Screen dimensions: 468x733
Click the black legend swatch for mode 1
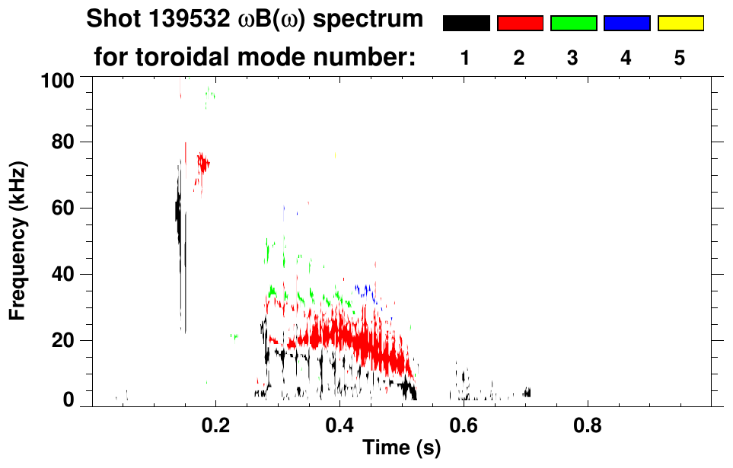466,24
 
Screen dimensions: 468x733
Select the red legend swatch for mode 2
520,24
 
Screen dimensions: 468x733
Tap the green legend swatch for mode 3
573,24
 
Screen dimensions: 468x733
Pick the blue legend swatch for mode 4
626,24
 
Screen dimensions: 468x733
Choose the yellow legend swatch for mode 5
680,24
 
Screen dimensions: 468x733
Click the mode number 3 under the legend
573,59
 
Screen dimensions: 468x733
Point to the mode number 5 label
680,59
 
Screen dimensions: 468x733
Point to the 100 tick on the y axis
58,80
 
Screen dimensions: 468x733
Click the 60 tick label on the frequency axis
62,209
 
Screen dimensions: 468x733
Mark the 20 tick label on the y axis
62,340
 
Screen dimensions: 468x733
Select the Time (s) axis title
400,448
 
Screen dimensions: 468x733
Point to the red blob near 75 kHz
202,163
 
